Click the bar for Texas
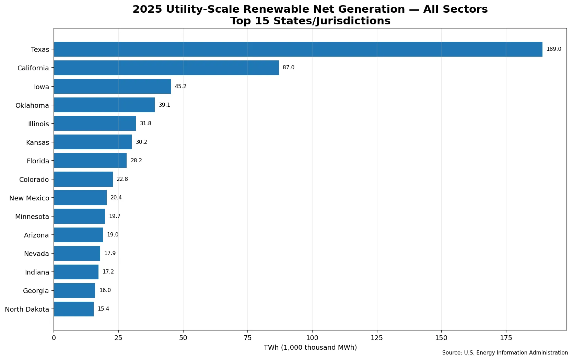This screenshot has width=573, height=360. pyautogui.click(x=298, y=49)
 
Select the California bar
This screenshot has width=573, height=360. pyautogui.click(x=166, y=68)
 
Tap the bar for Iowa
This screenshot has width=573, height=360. pyautogui.click(x=112, y=86)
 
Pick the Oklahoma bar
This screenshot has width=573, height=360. pyautogui.click(x=104, y=105)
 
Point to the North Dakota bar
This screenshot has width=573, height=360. pyautogui.click(x=74, y=309)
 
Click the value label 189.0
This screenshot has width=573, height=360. pyautogui.click(x=554, y=49)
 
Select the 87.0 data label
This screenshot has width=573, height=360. pyautogui.click(x=289, y=68)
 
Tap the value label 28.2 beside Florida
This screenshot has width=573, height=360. pyautogui.click(x=136, y=160)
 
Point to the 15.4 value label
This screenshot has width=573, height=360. pyautogui.click(x=103, y=309)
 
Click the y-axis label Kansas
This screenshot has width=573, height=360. pyautogui.click(x=38, y=142)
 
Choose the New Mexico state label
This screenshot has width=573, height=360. pyautogui.click(x=29, y=198)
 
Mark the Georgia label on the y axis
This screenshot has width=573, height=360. pyautogui.click(x=36, y=291)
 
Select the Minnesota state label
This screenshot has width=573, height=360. pyautogui.click(x=32, y=217)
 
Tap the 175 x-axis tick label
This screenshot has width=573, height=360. pyautogui.click(x=506, y=338)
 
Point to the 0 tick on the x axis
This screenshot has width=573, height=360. pyautogui.click(x=54, y=338)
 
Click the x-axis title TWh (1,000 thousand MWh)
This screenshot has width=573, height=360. pyautogui.click(x=310, y=347)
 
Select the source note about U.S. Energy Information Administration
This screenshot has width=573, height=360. pyautogui.click(x=505, y=352)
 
